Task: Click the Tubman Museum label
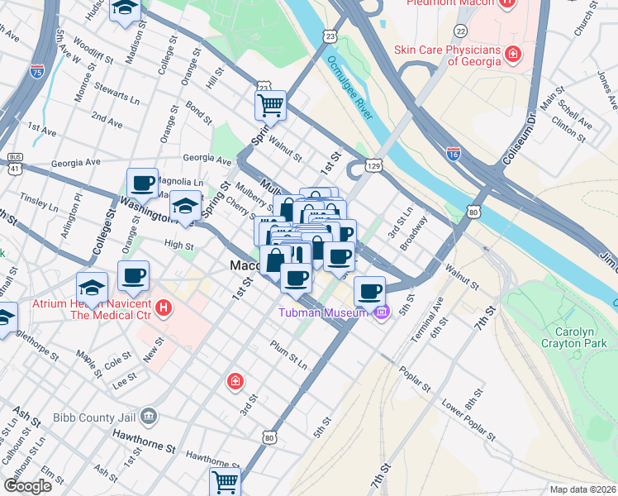323,312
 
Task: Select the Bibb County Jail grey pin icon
149,415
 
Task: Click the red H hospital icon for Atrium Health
164,309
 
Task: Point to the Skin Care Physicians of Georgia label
447,55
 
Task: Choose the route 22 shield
460,30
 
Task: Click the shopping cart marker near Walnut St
270,106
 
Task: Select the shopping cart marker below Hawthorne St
224,480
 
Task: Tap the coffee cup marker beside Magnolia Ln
142,184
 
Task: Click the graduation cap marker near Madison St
126,9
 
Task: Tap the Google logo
26,486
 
